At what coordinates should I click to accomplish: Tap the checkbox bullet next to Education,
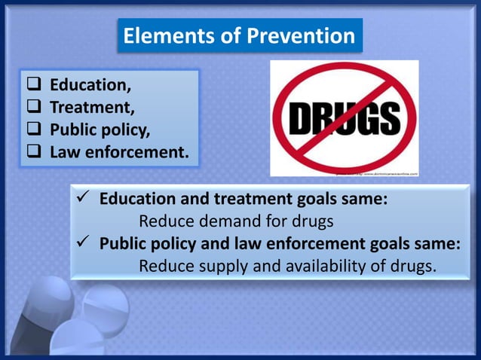coord(35,85)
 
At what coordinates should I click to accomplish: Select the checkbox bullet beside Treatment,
coord(35,108)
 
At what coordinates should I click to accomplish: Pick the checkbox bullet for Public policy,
coord(35,130)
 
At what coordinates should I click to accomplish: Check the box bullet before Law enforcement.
coord(35,153)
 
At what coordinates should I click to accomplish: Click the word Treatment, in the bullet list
coord(93,108)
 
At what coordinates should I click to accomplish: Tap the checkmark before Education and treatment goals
coord(85,200)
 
